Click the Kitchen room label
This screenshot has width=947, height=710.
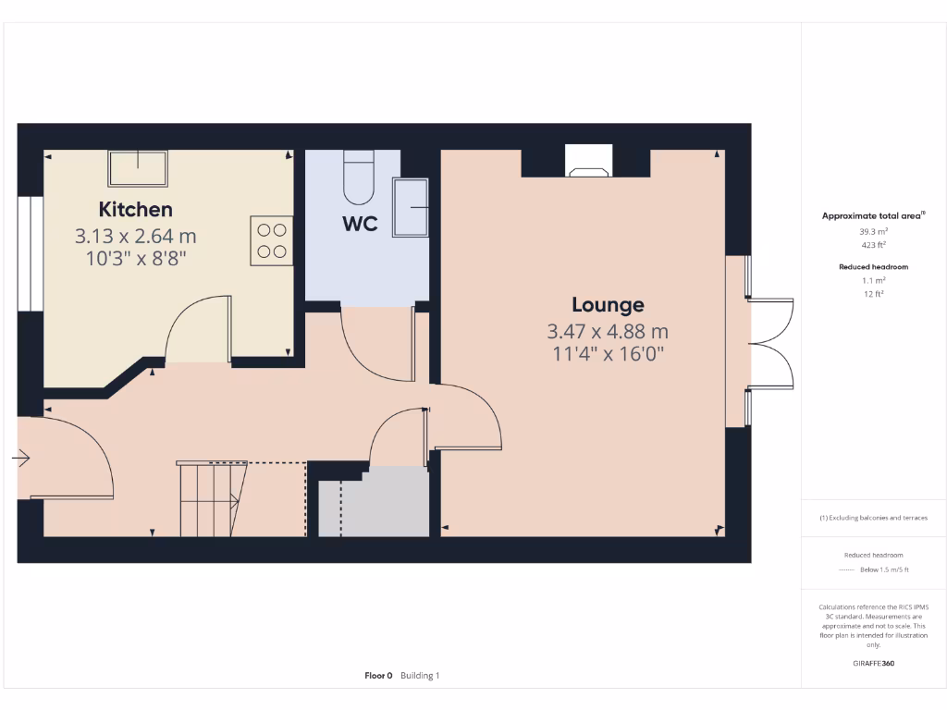click(135, 209)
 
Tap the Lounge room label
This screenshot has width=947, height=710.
click(608, 305)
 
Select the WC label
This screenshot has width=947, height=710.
click(360, 224)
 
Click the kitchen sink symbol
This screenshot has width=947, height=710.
click(139, 168)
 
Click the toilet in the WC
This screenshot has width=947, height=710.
click(357, 178)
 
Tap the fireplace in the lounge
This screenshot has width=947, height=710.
click(587, 163)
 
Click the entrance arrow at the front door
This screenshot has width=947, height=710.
click(22, 458)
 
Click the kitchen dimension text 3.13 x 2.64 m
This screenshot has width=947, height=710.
click(135, 237)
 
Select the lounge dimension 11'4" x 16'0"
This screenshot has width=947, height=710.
click(608, 352)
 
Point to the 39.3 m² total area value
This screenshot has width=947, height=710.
click(873, 231)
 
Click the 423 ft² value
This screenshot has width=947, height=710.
click(873, 245)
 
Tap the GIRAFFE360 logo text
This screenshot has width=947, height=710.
click(873, 663)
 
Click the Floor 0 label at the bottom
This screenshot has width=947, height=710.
click(378, 676)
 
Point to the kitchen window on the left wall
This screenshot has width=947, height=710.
click(31, 254)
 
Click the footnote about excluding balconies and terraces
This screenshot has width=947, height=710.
click(873, 518)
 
